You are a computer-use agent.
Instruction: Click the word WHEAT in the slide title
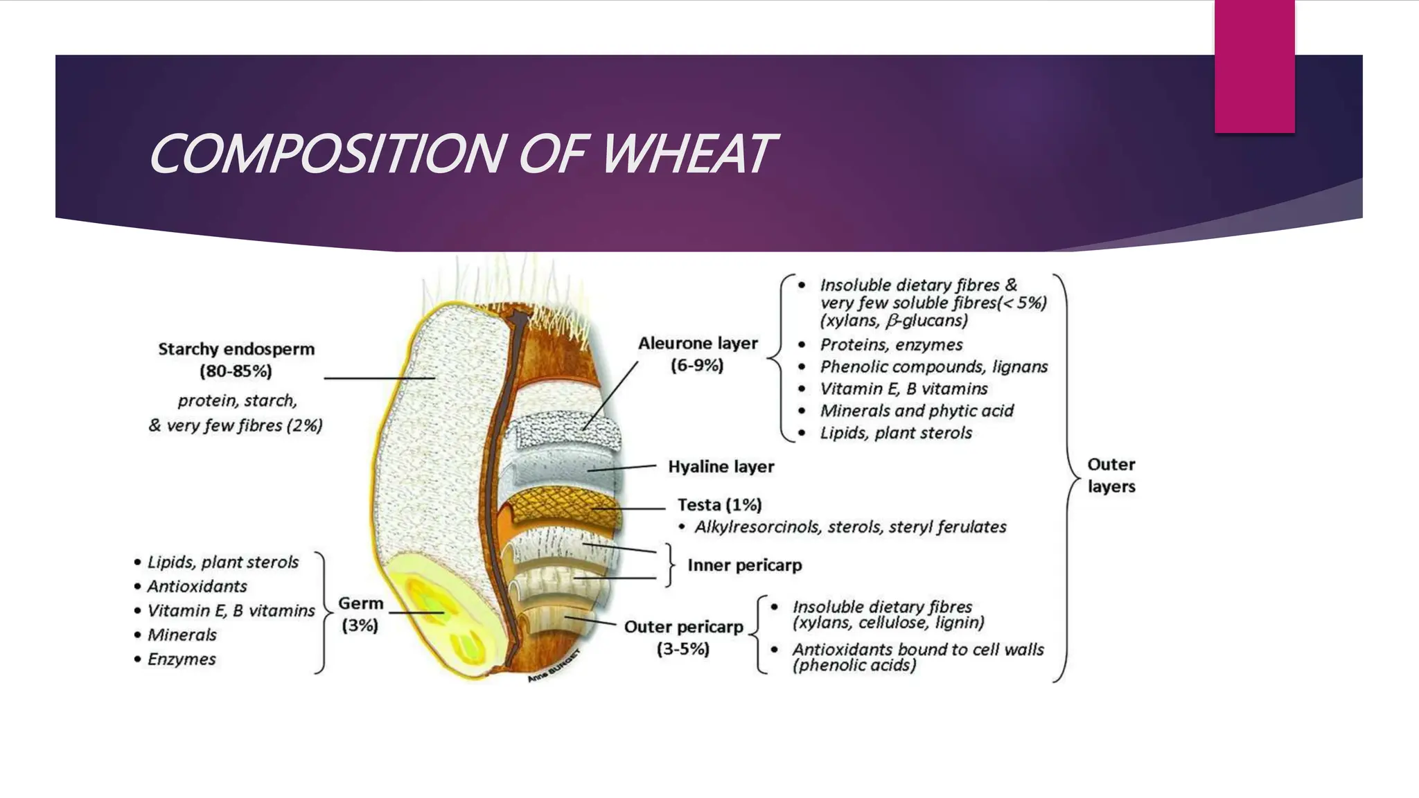[x=686, y=154]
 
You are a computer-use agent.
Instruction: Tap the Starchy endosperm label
[x=236, y=349]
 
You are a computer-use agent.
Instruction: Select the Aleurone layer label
[x=698, y=344]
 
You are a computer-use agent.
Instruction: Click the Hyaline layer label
[x=721, y=467]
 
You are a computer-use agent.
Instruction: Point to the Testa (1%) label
[x=719, y=505]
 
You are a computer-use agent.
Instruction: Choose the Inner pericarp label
[x=744, y=565]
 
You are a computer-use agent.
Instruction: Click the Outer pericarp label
[x=683, y=627]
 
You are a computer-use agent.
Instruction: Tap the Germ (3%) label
[x=360, y=614]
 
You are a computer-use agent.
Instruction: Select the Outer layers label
[x=1111, y=475]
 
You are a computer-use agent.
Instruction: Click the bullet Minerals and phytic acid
[x=916, y=411]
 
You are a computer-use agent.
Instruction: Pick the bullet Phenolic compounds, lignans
[x=933, y=366]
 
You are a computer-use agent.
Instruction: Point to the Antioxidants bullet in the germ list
[x=197, y=587]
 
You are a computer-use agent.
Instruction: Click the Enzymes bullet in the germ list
[x=182, y=659]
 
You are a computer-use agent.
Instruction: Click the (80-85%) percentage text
[x=236, y=372]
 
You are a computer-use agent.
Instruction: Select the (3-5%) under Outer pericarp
[x=682, y=650]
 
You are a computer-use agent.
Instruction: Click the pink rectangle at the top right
[x=1254, y=66]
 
